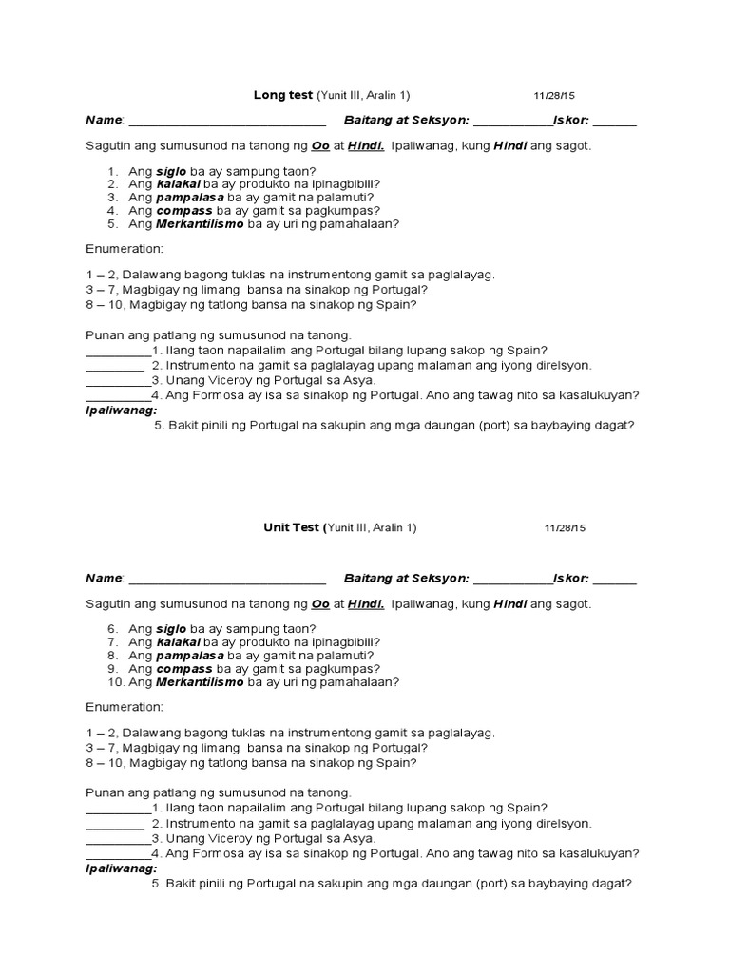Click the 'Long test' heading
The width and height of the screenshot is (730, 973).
pyautogui.click(x=277, y=95)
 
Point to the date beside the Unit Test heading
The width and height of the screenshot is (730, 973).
pyautogui.click(x=566, y=528)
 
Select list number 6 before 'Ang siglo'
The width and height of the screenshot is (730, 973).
pyautogui.click(x=111, y=629)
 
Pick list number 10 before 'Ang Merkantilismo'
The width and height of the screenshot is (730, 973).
pyautogui.click(x=114, y=682)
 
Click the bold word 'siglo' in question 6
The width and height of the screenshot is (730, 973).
pyautogui.click(x=171, y=629)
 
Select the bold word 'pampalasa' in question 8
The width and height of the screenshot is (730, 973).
pyautogui.click(x=189, y=656)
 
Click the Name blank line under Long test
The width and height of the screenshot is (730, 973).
pyautogui.click(x=227, y=122)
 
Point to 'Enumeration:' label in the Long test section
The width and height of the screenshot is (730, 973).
pyautogui.click(x=125, y=249)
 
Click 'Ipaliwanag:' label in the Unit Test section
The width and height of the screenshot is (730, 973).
pyautogui.click(x=122, y=868)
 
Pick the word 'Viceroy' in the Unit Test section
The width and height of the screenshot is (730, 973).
pyautogui.click(x=231, y=839)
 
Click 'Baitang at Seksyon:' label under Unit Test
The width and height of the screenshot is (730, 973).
pyautogui.click(x=406, y=578)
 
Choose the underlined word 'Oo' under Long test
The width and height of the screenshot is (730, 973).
pyautogui.click(x=321, y=147)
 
